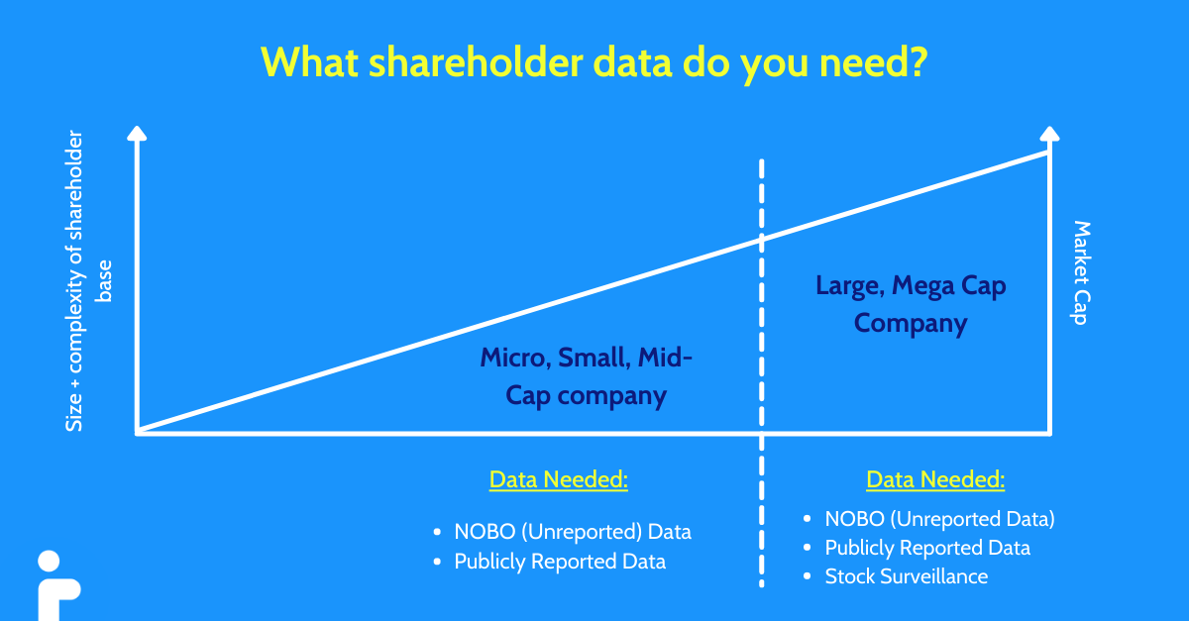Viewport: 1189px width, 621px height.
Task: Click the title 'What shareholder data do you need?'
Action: pyautogui.click(x=594, y=61)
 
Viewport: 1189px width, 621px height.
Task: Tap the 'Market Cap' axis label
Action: pyautogui.click(x=1081, y=273)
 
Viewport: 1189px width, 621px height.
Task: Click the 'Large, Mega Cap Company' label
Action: pyautogui.click(x=911, y=304)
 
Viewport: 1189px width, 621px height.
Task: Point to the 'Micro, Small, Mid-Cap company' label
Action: pyautogui.click(x=586, y=376)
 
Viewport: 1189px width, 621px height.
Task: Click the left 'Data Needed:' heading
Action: pyautogui.click(x=559, y=479)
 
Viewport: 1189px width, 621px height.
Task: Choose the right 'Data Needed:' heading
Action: pyautogui.click(x=935, y=479)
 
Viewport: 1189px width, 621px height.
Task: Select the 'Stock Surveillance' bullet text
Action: pyautogui.click(x=906, y=575)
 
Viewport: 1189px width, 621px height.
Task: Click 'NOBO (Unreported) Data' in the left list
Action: pyautogui.click(x=572, y=531)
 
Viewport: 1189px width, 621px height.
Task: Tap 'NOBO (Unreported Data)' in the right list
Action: pyautogui.click(x=939, y=518)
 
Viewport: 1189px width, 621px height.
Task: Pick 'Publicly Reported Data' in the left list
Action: pyautogui.click(x=560, y=562)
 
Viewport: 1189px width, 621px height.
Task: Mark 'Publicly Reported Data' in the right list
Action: pyautogui.click(x=927, y=547)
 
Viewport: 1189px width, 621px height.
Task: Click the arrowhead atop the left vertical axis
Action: pyautogui.click(x=138, y=133)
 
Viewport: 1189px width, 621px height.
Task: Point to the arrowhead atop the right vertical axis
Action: pyautogui.click(x=1049, y=133)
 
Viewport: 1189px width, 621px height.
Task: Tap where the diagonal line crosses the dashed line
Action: pyautogui.click(x=761, y=238)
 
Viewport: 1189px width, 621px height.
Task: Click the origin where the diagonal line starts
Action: pyautogui.click(x=139, y=433)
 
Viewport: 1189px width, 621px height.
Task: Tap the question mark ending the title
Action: pyautogui.click(x=917, y=61)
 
